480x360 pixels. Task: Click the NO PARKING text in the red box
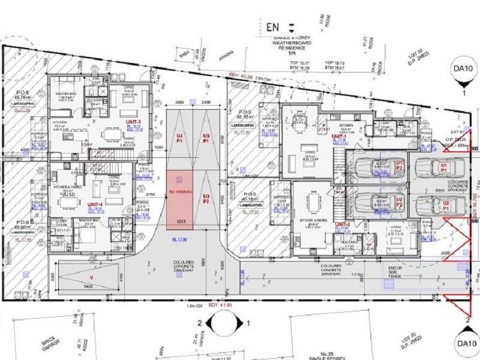180,192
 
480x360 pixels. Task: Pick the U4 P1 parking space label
179,139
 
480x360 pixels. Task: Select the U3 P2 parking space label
206,199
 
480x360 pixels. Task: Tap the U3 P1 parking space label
206,139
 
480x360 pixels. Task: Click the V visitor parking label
91,277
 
